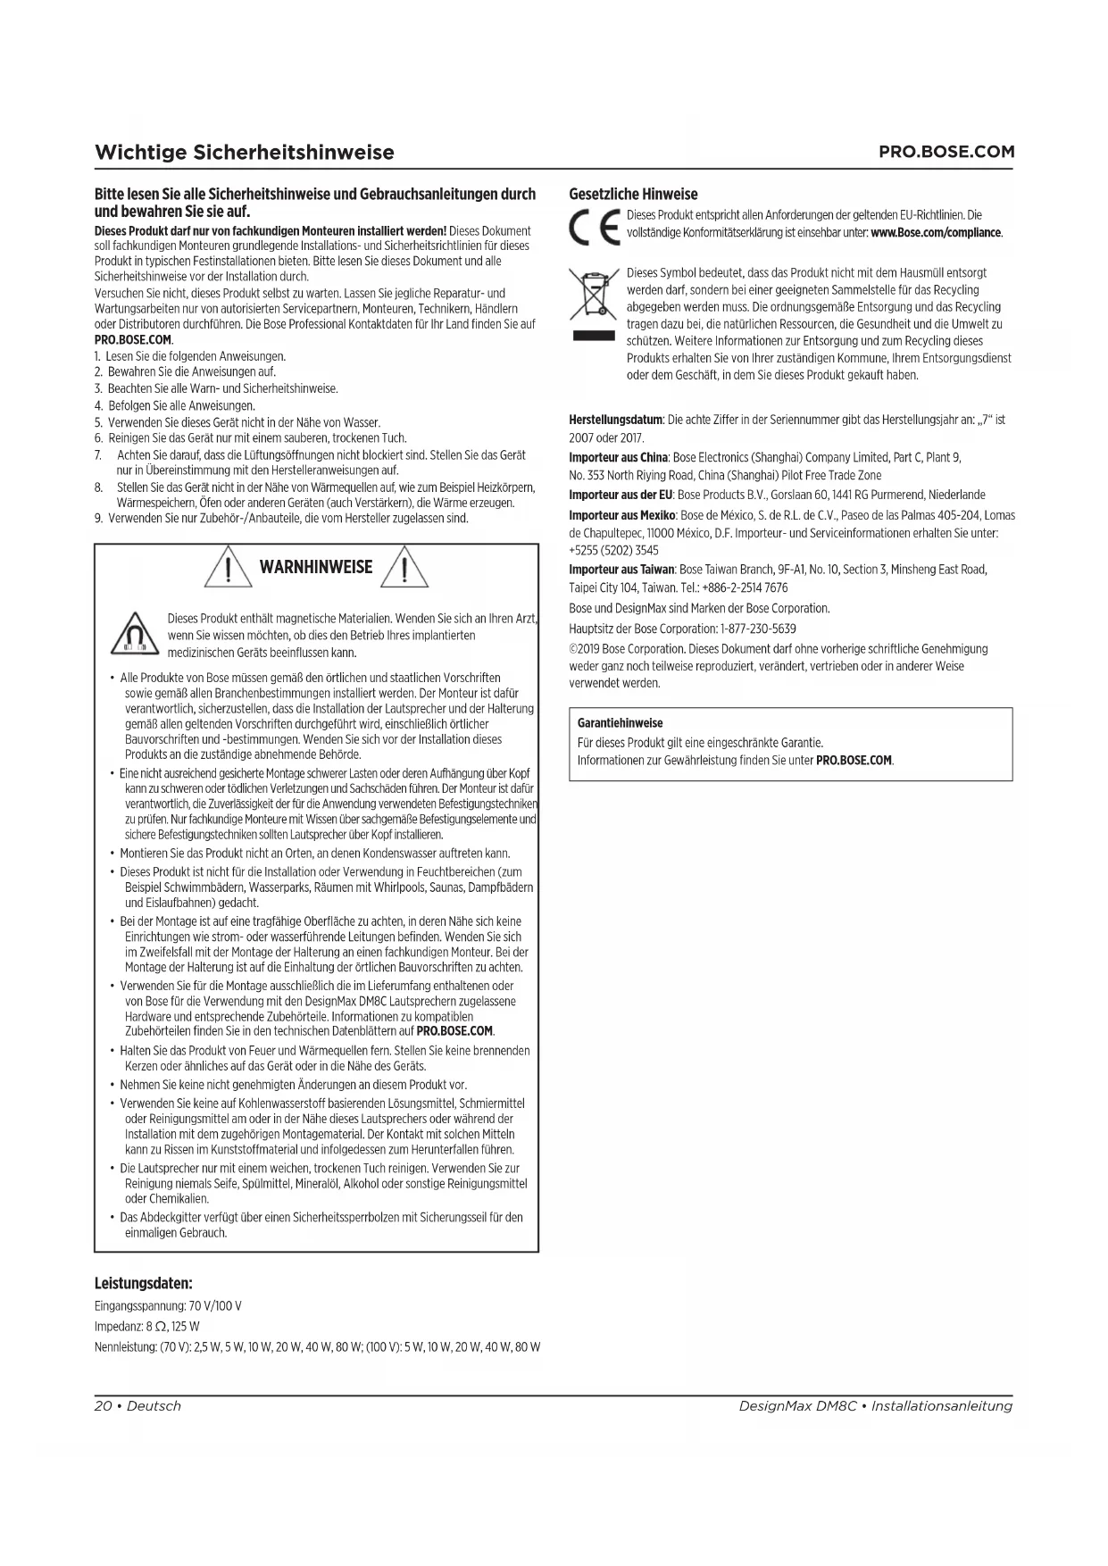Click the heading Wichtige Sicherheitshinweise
[244, 152]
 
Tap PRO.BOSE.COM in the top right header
[946, 152]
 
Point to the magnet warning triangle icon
[134, 636]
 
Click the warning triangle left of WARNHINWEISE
[228, 568]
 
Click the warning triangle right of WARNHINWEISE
[404, 568]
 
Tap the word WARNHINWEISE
[315, 567]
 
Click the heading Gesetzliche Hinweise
[633, 194]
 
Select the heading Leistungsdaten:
[144, 1284]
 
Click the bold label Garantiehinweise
[620, 723]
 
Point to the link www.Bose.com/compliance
[936, 233]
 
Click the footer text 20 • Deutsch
[137, 1406]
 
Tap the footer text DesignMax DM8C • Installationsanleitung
[875, 1406]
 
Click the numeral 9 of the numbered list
[98, 519]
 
